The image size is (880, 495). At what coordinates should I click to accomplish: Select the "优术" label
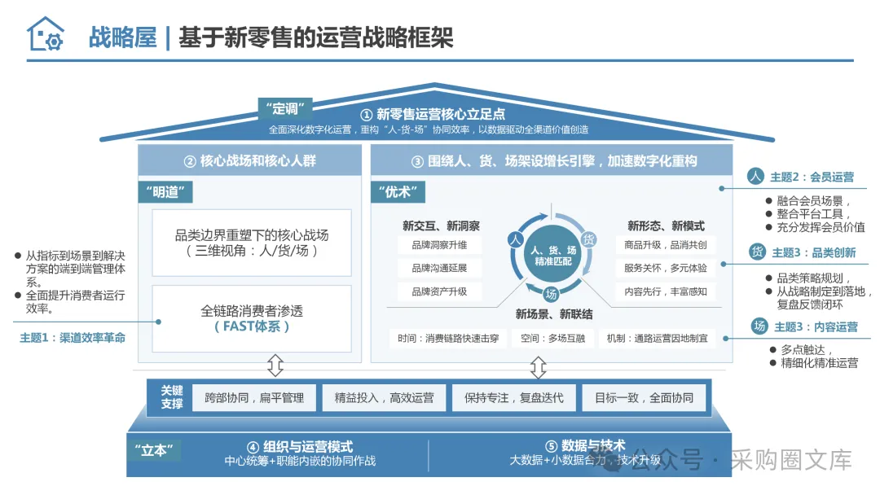point(398,192)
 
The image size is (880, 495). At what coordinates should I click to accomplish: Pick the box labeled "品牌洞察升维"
point(439,245)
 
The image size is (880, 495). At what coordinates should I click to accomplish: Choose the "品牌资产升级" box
point(439,291)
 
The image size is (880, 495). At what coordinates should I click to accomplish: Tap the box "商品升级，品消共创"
point(666,245)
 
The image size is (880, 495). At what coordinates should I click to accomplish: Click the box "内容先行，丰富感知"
point(666,291)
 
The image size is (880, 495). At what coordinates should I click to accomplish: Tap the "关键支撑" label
point(171,397)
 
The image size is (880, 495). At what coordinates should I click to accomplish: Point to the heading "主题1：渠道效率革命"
point(73,337)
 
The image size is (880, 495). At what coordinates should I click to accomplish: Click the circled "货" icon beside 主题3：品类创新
point(757,252)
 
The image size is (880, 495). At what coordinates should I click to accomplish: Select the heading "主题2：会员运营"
point(812,177)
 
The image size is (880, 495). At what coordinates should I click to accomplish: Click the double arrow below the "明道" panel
point(275,366)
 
